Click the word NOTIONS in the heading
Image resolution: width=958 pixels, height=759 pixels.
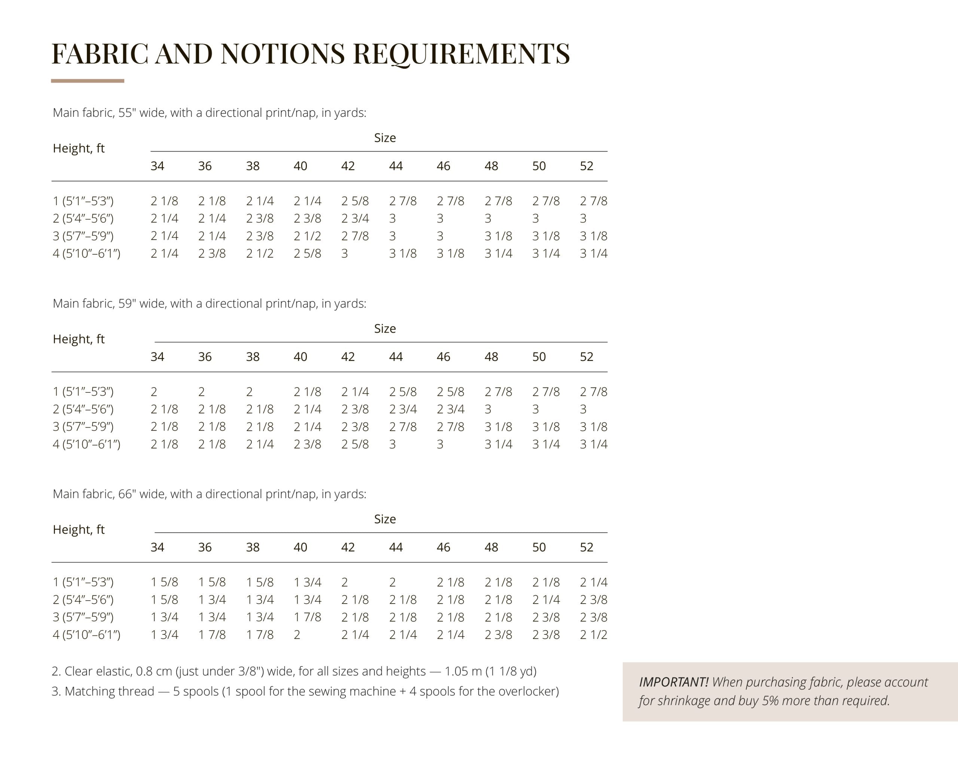(282, 54)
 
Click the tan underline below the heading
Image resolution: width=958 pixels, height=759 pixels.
(88, 81)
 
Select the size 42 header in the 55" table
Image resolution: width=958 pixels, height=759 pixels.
(348, 166)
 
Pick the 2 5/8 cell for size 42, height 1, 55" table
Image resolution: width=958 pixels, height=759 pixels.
(355, 201)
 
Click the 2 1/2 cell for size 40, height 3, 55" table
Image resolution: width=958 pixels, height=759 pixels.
(307, 236)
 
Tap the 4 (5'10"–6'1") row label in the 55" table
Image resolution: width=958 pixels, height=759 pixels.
(86, 254)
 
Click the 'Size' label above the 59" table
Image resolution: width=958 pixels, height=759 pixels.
(385, 329)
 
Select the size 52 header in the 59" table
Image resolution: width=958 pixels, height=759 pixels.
(586, 357)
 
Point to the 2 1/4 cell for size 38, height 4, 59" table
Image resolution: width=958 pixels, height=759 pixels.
(260, 444)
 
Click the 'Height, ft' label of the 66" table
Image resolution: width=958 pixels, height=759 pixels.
(79, 530)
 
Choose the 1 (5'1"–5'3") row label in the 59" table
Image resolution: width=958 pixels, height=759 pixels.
(83, 392)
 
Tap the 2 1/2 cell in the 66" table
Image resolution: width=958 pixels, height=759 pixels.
(594, 635)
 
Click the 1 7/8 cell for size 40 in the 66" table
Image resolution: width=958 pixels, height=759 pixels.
(307, 617)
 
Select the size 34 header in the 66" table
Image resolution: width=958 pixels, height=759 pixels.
(157, 547)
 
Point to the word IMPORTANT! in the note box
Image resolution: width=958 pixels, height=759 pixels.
(673, 682)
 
